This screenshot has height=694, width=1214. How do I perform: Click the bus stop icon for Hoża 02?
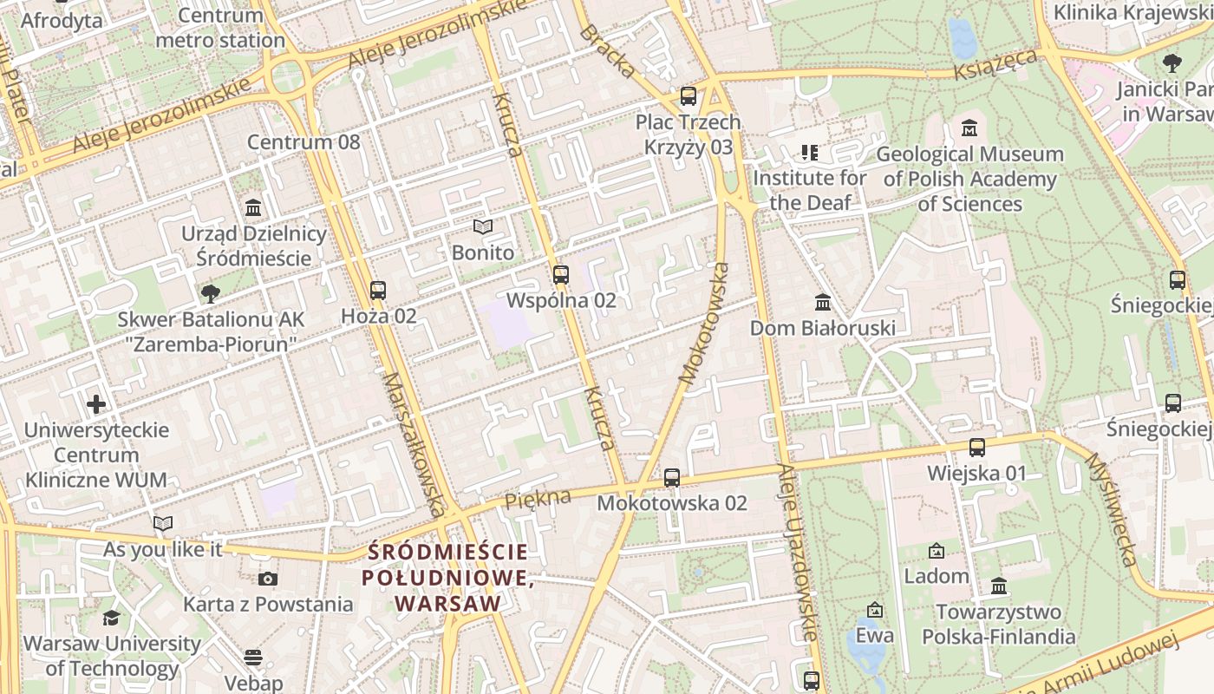point(377,291)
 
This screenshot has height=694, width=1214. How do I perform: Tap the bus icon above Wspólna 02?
point(561,275)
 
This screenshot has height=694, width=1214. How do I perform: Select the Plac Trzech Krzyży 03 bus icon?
point(689,96)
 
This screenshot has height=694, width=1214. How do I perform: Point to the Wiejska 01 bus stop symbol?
point(977,448)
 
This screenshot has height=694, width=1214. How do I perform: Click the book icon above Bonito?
point(483,227)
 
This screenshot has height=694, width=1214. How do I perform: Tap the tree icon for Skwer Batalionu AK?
point(210,294)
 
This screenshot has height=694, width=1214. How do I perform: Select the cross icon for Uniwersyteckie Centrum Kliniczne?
point(96,404)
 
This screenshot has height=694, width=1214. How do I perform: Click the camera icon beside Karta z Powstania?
point(268,579)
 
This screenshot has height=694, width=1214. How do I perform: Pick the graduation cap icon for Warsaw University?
point(111,619)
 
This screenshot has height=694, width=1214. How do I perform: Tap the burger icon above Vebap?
point(253,658)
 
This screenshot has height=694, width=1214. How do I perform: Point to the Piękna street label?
point(538,498)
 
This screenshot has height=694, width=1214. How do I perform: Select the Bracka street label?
point(607,51)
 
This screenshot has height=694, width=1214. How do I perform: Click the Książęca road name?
point(995,65)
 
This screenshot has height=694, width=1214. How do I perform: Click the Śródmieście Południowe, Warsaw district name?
point(447,577)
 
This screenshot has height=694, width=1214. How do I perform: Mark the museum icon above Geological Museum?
point(969,128)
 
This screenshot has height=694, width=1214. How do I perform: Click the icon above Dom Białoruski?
point(823,303)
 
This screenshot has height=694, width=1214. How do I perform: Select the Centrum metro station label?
point(220,28)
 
